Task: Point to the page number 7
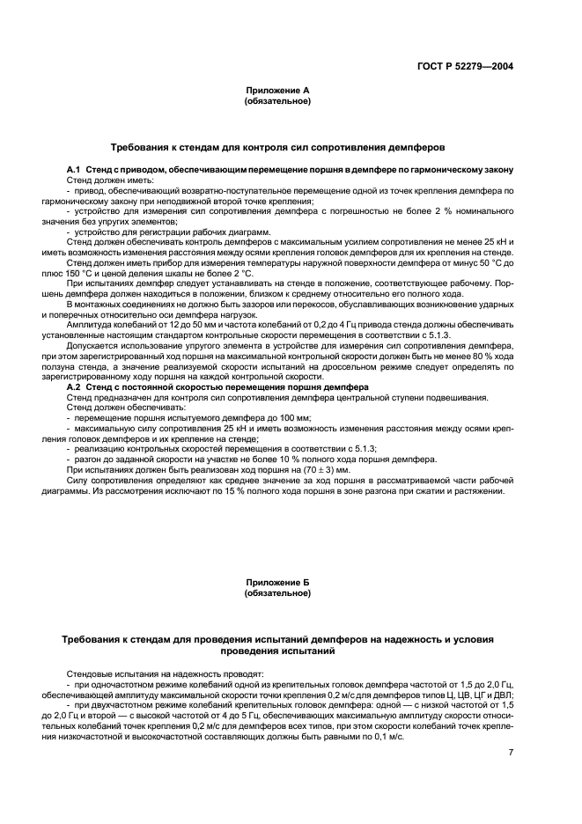click(511, 752)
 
